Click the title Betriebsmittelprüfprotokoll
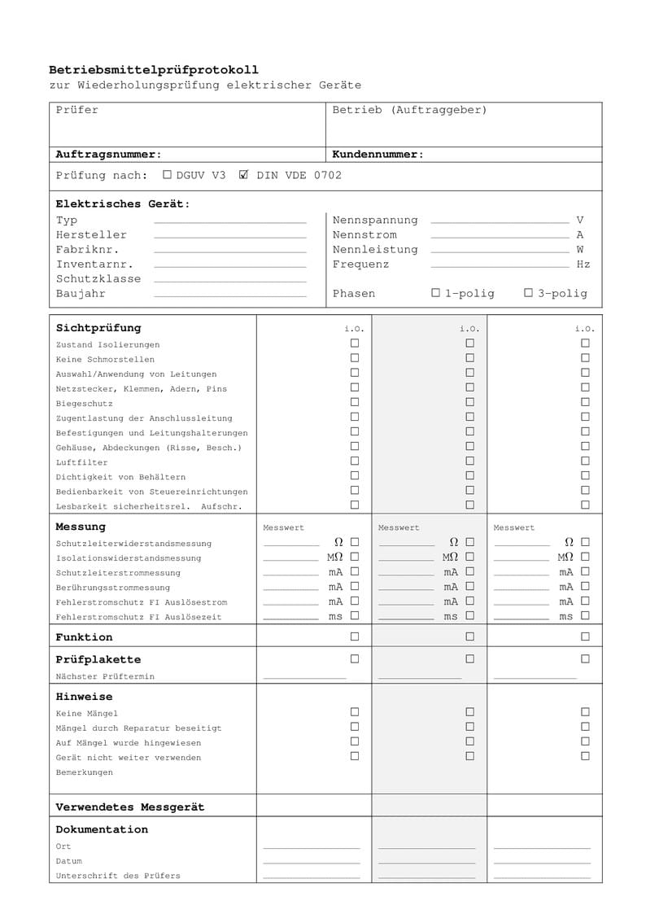pyautogui.click(x=154, y=70)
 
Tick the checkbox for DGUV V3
pyautogui.click(x=168, y=174)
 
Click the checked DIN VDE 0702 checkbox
pyautogui.click(x=243, y=174)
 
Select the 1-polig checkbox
pyautogui.click(x=436, y=292)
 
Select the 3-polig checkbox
pyautogui.click(x=528, y=292)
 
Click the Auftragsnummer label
pyautogui.click(x=108, y=154)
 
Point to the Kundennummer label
pyautogui.click(x=378, y=154)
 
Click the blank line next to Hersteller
pyautogui.click(x=230, y=236)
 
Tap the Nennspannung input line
pyautogui.click(x=500, y=221)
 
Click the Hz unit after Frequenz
pyautogui.click(x=583, y=265)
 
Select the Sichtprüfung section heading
pyautogui.click(x=98, y=328)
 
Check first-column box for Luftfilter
pyautogui.click(x=355, y=461)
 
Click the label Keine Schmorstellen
pyautogui.click(x=105, y=360)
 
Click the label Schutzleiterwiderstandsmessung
pyautogui.click(x=133, y=544)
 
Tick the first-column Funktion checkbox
pyautogui.click(x=355, y=636)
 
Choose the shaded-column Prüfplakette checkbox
pyautogui.click(x=469, y=658)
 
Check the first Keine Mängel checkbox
pyautogui.click(x=355, y=712)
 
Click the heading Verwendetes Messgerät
pyautogui.click(x=130, y=807)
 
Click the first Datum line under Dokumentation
pyautogui.click(x=312, y=863)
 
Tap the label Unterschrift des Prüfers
pyautogui.click(x=118, y=876)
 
